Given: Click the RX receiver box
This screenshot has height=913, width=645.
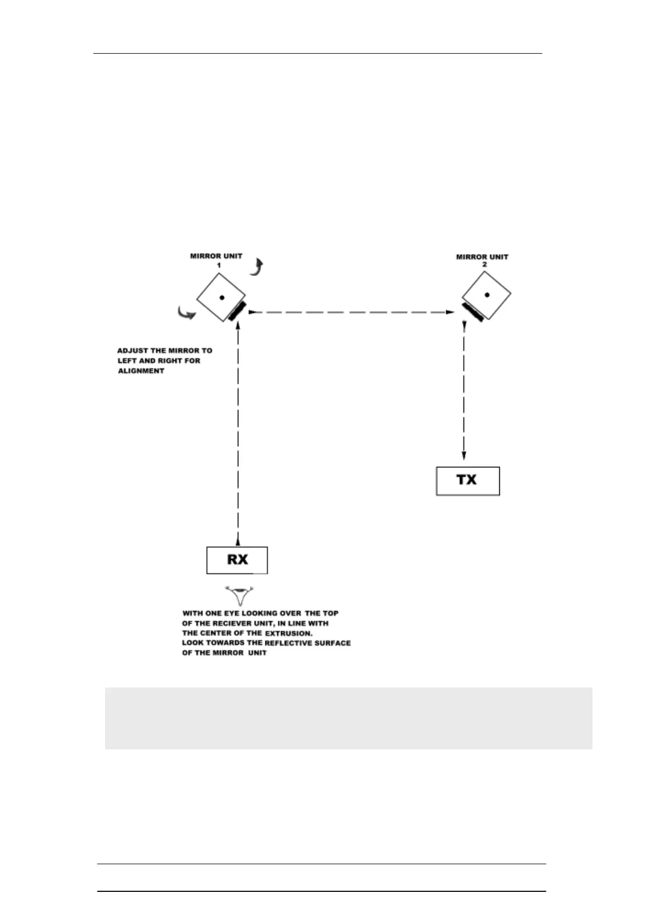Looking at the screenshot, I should coord(237,560).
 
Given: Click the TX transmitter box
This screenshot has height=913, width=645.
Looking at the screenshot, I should coord(467,480).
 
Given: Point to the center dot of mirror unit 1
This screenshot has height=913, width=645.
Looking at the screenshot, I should coord(221,297).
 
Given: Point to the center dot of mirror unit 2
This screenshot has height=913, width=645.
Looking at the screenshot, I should coord(487,295).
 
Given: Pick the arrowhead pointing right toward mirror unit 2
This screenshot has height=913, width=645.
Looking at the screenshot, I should coord(449,312).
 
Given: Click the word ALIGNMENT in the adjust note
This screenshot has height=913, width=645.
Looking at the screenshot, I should coord(141,371).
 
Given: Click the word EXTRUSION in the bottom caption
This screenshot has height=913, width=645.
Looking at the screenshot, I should coord(289,633).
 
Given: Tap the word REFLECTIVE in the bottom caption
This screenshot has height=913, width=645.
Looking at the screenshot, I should coord(288,642).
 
